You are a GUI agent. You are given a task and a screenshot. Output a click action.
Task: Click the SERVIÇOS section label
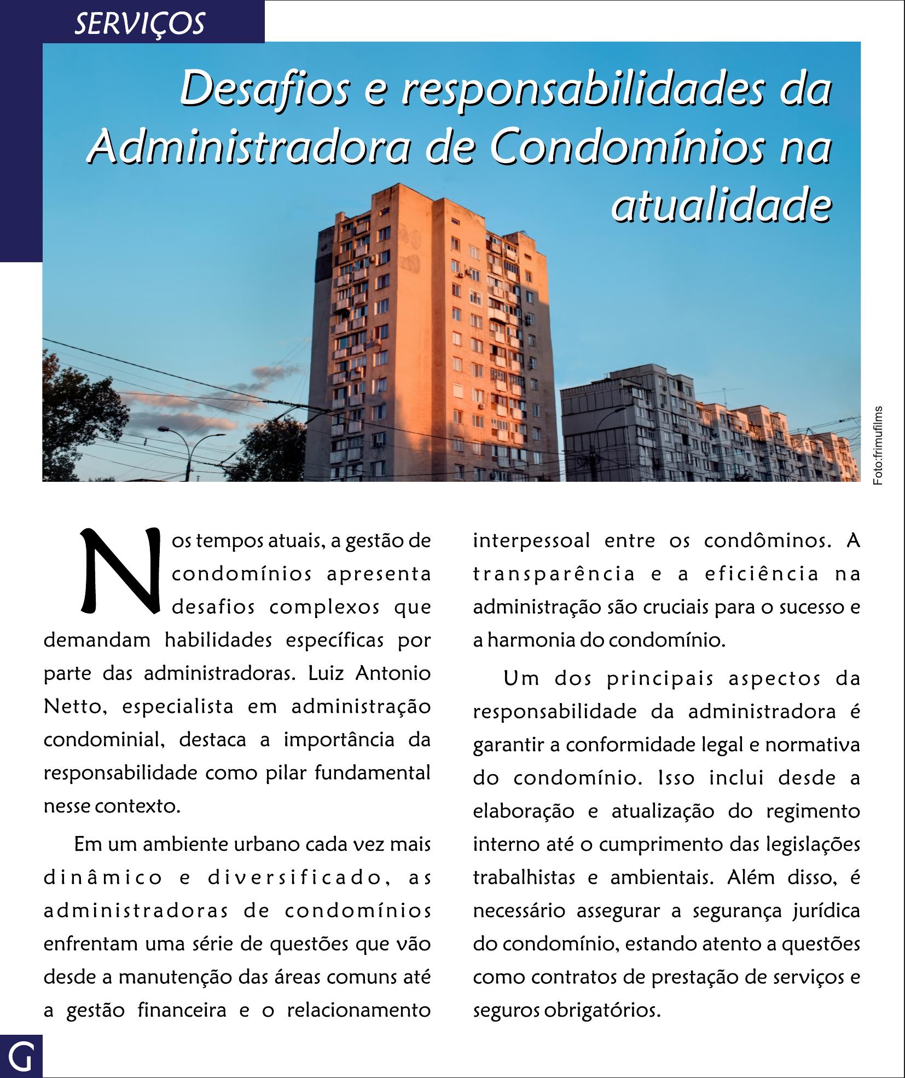point(140,24)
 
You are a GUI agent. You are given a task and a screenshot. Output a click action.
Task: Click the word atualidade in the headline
point(721,205)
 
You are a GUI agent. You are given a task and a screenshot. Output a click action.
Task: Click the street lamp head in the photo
point(163,429)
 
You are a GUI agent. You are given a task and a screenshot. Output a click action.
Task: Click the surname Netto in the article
point(71,707)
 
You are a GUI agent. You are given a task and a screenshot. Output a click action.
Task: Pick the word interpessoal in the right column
point(531,541)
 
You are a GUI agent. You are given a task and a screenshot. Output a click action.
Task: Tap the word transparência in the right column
point(554,574)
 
